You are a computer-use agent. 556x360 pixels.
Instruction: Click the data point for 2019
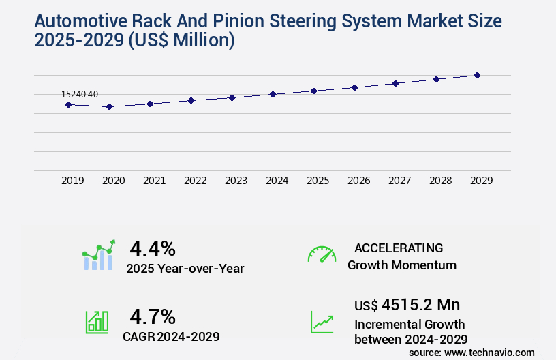tap(68, 104)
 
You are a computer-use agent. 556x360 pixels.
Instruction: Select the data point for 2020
tap(109, 106)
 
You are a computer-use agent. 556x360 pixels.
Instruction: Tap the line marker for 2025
tap(314, 91)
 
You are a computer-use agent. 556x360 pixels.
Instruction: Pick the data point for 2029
tap(478, 75)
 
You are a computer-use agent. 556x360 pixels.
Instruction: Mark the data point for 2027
tap(396, 83)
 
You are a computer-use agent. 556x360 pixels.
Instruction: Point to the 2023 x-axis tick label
tap(236, 181)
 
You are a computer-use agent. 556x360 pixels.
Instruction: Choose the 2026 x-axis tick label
tap(359, 181)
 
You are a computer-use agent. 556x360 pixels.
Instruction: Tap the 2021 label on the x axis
tap(155, 181)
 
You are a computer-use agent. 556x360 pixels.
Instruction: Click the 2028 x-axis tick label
tap(441, 181)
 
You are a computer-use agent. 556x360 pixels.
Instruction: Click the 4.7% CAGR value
tap(153, 316)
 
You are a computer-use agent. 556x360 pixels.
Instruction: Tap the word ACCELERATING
tap(399, 247)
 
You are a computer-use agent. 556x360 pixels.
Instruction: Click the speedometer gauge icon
tap(322, 254)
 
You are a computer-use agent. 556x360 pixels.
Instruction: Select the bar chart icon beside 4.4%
tap(99, 255)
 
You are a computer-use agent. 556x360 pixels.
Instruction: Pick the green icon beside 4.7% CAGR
tap(97, 322)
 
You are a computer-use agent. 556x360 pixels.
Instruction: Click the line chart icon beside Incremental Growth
tap(322, 322)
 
